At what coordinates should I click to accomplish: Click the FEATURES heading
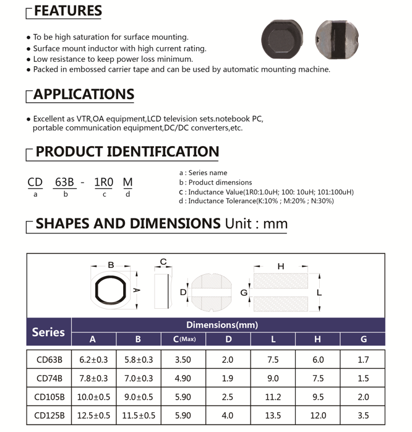coord(67,11)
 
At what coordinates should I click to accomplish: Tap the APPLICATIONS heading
coord(84,95)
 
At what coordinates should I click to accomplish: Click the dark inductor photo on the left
coord(283,38)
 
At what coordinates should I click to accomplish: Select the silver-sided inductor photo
coord(338,38)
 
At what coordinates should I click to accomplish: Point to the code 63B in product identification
coord(65,182)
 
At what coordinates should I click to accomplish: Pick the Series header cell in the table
coord(48,332)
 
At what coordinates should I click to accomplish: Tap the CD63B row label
coord(48,360)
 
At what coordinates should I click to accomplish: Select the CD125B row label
coord(48,415)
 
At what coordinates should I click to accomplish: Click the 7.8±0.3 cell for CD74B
coord(93,378)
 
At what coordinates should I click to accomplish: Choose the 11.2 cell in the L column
coord(273,397)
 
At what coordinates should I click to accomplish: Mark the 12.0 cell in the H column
coord(318,415)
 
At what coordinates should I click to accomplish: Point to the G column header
coord(363,339)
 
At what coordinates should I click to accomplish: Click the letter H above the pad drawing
coord(281,266)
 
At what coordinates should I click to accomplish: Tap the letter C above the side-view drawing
coord(163,262)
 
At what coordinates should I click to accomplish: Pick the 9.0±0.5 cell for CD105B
coord(138,397)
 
